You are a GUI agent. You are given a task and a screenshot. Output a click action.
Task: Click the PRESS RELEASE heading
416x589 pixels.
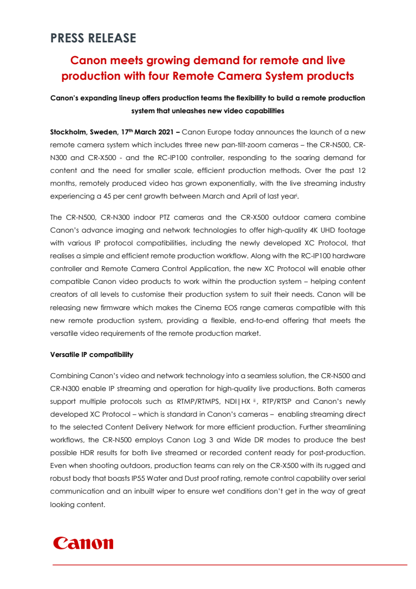(93, 38)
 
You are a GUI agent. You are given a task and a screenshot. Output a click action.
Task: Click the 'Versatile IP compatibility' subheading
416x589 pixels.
(91, 355)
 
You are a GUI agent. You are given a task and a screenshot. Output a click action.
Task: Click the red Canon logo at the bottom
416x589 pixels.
(83, 543)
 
